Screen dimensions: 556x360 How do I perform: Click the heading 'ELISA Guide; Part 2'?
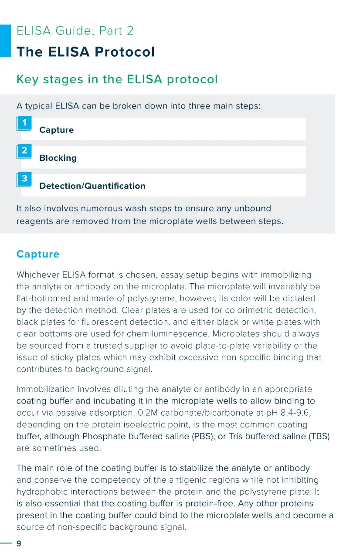[x=75, y=31]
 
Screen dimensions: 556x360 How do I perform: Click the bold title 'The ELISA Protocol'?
[x=85, y=52]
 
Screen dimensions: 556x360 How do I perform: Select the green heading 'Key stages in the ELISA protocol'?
[x=117, y=79]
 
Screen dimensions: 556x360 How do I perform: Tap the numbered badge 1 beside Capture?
[x=24, y=123]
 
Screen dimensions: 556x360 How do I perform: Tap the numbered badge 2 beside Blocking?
[x=24, y=151]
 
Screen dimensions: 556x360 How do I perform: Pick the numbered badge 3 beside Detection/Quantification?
[x=24, y=179]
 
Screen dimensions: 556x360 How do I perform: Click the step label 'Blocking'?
[x=58, y=158]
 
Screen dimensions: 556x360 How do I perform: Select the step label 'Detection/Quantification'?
[x=92, y=186]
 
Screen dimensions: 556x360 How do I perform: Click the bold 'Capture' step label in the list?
[x=56, y=130]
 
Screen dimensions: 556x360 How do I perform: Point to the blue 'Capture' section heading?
[x=37, y=254]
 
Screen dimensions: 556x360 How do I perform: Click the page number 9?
[x=19, y=543]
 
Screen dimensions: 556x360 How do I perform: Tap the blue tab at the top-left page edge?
[x=5, y=41]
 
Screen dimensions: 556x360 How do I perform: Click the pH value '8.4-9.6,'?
[x=294, y=413]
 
